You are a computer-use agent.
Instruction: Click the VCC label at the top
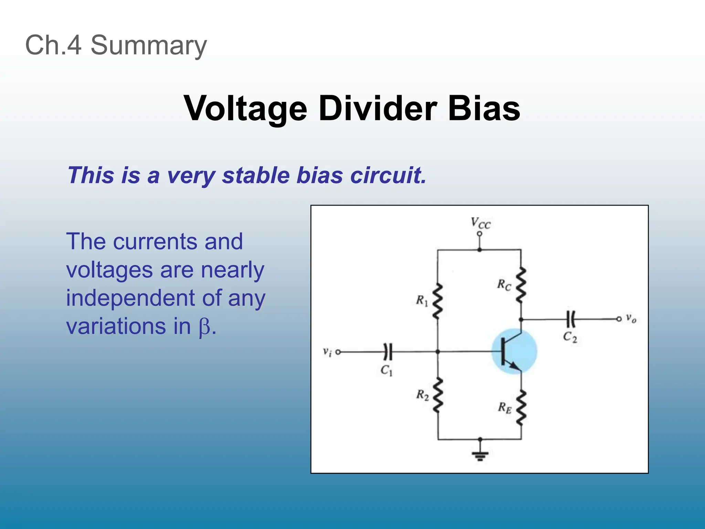pos(481,223)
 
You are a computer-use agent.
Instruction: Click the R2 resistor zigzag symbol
pos(438,395)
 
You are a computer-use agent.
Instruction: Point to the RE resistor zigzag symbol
pos(521,408)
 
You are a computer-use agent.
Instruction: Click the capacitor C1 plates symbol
pos(388,352)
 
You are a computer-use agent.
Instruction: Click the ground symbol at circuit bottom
pos(480,455)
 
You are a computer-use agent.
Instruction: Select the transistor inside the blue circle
pos(513,351)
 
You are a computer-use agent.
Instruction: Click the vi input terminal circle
pos(338,352)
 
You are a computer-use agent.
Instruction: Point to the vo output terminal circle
pos(619,319)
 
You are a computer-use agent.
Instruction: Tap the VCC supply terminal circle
pos(480,234)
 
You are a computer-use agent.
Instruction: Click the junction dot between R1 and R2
pos(438,352)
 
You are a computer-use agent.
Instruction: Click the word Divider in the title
pos(378,108)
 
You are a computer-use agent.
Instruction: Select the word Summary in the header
pos(148,45)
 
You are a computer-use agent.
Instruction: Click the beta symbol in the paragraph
pos(204,327)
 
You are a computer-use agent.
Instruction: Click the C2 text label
pos(570,337)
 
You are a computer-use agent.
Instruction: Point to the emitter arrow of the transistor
pos(515,366)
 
